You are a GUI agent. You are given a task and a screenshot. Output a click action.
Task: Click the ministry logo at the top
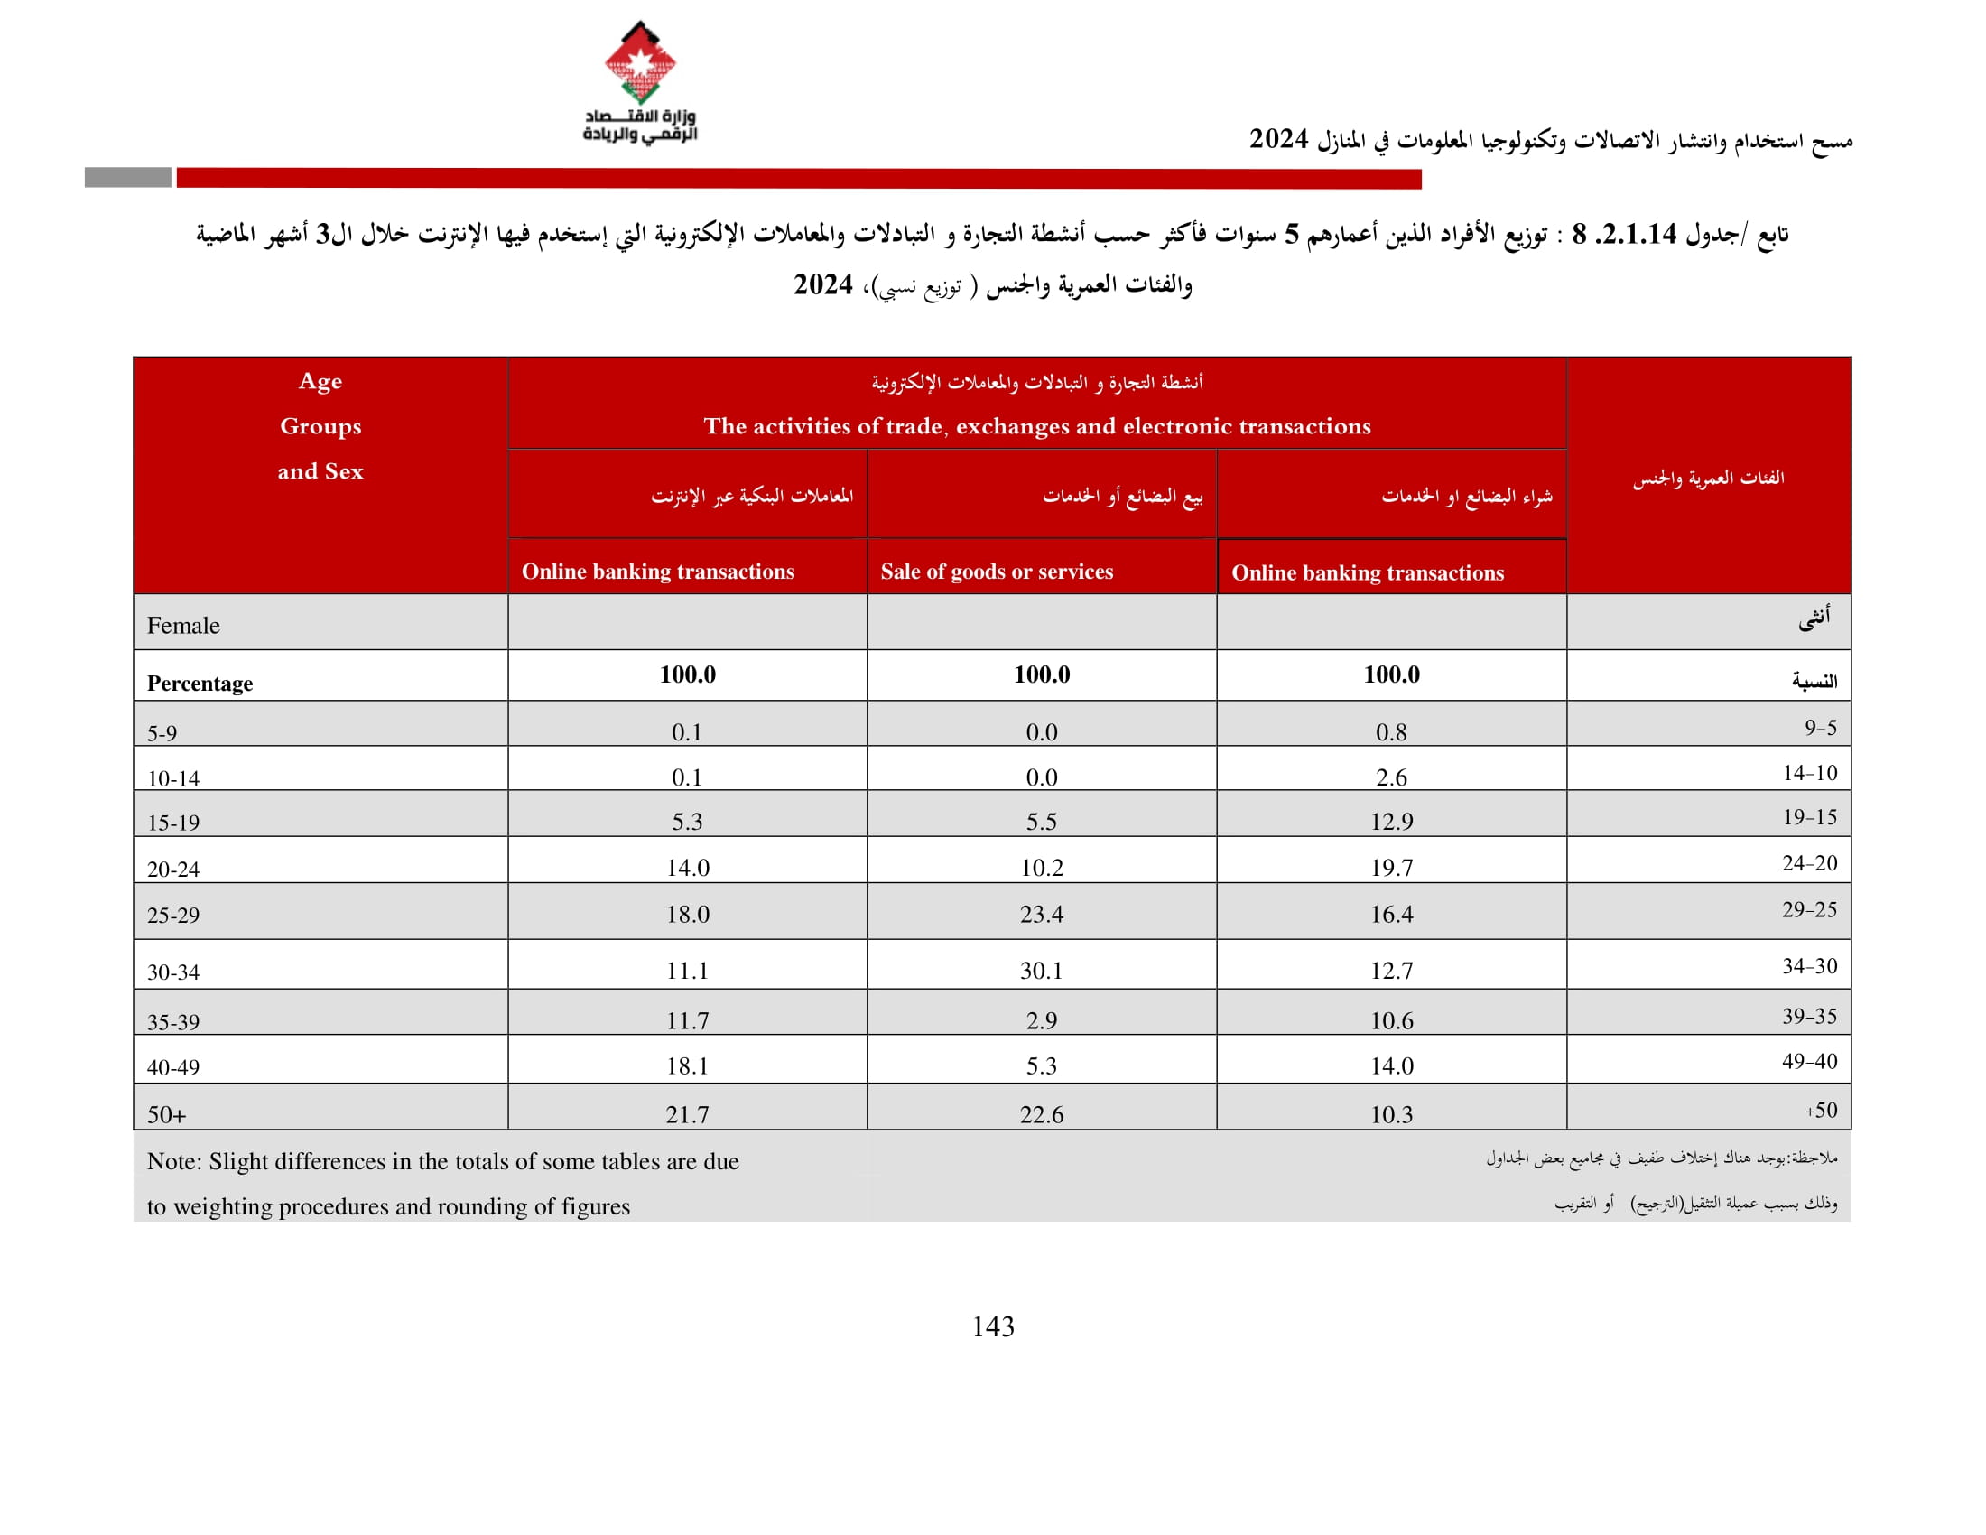639,82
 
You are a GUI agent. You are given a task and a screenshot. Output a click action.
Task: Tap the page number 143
992,1326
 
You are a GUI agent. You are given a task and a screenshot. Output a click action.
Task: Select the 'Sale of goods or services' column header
996,571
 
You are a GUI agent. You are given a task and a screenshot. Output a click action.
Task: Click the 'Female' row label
182,626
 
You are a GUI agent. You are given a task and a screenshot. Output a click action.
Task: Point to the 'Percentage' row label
200,683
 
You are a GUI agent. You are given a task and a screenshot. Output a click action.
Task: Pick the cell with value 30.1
1040,971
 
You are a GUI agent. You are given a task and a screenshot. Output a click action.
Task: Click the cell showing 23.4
1040,914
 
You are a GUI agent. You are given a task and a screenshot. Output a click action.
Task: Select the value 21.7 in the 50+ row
687,1114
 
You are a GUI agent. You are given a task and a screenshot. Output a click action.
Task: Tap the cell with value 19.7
1390,868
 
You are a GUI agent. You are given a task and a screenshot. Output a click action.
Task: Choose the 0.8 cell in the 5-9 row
1390,732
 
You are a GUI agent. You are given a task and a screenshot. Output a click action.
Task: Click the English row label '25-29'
172,915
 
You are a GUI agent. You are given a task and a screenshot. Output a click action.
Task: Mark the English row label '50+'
166,1115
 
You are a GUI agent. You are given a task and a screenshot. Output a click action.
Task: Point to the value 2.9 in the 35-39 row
1041,1020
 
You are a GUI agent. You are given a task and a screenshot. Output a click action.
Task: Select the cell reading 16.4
1390,914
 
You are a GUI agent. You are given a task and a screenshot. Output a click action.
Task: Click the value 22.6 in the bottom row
1040,1114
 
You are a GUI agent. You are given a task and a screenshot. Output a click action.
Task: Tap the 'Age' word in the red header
320,381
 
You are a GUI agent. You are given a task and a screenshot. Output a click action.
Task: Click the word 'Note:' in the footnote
173,1161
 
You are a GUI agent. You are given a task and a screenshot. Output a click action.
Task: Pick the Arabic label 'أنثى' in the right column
1814,619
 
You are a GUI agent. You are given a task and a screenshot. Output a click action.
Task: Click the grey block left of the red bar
127,177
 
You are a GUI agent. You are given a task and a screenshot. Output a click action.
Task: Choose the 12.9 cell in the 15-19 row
1390,821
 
